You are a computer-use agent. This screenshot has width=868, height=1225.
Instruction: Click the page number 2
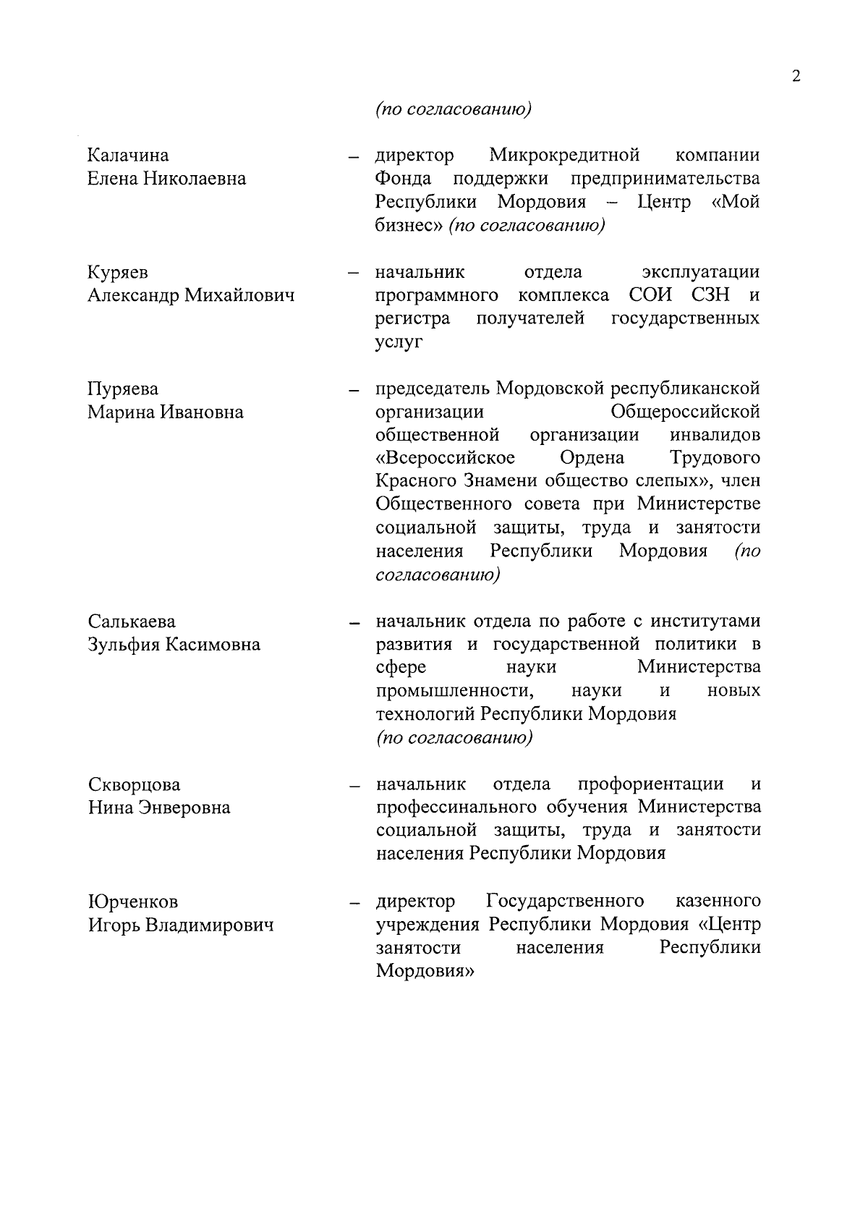(796, 77)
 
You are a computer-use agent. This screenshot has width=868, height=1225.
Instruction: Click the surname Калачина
(128, 156)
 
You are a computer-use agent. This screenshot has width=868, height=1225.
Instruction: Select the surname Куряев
(118, 273)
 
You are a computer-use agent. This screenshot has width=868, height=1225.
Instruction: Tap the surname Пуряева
(123, 389)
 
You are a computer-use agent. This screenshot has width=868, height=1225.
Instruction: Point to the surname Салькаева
(132, 622)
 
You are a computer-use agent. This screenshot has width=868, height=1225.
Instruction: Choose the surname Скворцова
(135, 785)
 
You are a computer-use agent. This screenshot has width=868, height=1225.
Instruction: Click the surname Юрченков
(133, 902)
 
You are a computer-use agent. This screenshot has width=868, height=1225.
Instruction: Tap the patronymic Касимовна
(213, 645)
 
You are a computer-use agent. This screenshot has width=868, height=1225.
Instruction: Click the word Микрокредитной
(564, 156)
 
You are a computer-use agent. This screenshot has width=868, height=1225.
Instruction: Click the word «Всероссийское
(446, 459)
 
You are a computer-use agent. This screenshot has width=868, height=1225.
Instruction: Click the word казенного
(718, 902)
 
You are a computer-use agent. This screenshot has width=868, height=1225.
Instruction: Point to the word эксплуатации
(700, 273)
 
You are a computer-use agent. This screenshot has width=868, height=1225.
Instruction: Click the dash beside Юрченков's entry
(354, 904)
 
